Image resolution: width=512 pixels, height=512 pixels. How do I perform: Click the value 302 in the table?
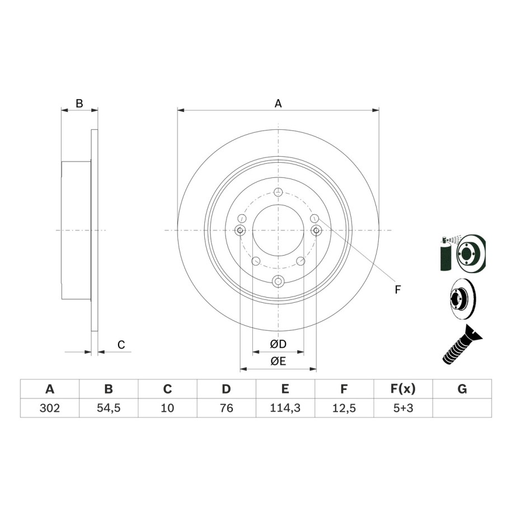click(50, 408)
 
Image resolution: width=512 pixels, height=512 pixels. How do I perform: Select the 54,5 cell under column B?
click(109, 408)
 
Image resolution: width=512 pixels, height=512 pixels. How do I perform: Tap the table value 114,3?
click(285, 408)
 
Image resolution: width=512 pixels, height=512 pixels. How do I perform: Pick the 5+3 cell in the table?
click(403, 408)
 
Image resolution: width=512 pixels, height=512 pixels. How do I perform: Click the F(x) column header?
click(403, 389)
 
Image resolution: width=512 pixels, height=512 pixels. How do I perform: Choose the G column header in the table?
click(462, 389)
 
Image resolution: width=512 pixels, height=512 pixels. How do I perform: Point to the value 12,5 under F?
click(344, 408)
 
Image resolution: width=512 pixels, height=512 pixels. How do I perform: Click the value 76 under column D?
click(226, 408)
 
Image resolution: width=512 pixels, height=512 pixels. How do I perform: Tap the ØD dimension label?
click(278, 344)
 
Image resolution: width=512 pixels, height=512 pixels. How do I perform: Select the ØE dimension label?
click(278, 361)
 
